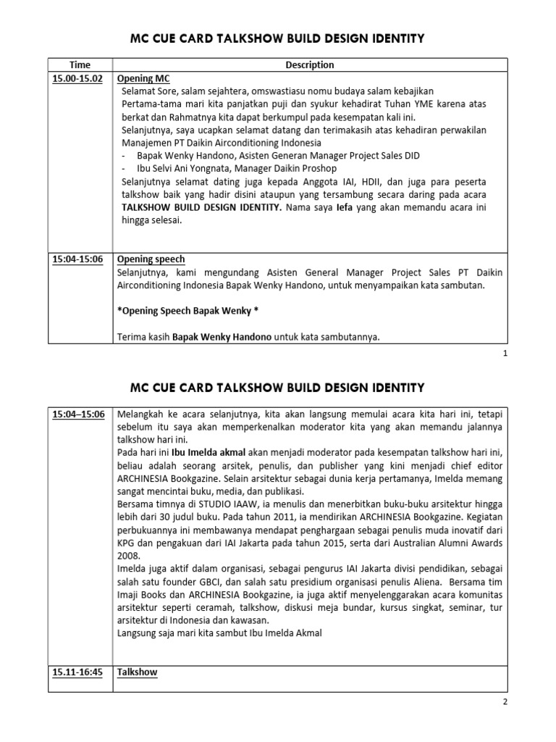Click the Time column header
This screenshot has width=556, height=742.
click(80, 64)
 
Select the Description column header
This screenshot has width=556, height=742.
click(309, 64)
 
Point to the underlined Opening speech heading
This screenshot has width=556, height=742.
click(151, 259)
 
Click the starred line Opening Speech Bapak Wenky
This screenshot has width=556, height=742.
click(187, 311)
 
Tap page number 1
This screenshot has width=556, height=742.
click(505, 354)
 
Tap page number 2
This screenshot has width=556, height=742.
click(505, 702)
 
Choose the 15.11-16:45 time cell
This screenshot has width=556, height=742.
click(77, 672)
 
